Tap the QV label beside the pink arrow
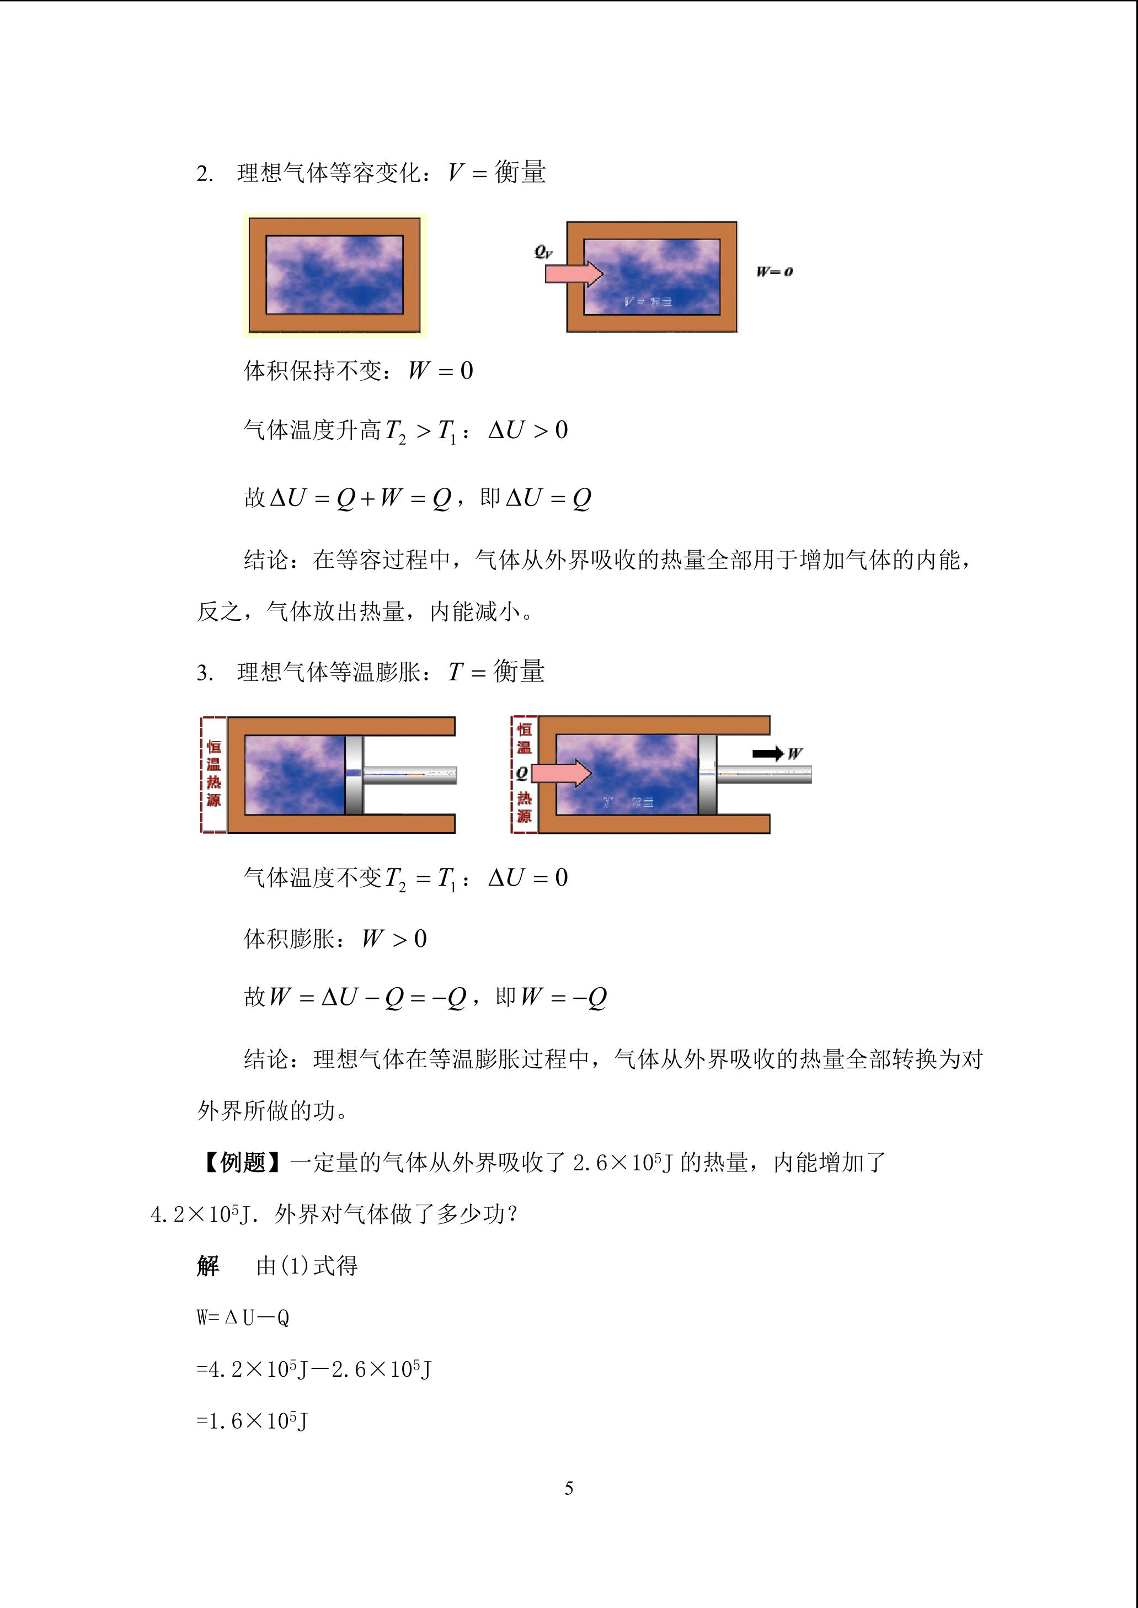pos(543,252)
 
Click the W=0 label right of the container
pos(774,271)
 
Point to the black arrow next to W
pos(768,754)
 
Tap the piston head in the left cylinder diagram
pos(354,775)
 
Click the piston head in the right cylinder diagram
pos(707,775)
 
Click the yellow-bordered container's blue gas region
pos(334,275)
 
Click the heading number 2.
pos(204,174)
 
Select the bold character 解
pos(208,1266)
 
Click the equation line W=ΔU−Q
pos(243,1318)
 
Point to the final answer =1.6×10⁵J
pos(252,1421)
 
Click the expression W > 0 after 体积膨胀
pos(394,939)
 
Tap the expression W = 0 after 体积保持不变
pos(441,370)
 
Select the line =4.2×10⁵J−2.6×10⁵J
pos(314,1370)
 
